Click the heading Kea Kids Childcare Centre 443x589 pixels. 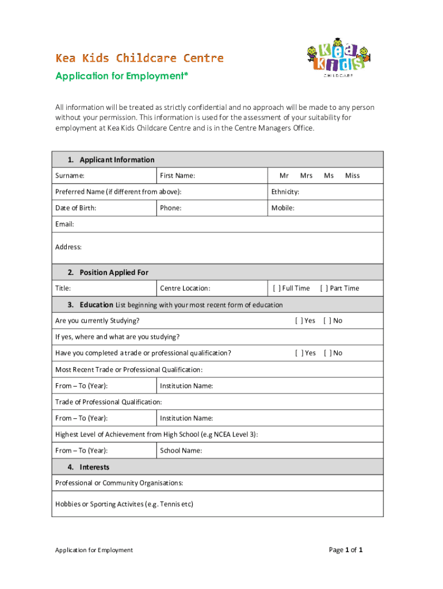(139, 58)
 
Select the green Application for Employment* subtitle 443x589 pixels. (121, 76)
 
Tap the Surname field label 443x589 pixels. (70, 175)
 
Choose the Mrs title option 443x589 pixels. (306, 175)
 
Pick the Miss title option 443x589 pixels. (352, 175)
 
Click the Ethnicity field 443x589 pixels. (325, 192)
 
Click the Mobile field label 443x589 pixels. (283, 208)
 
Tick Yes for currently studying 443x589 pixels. (299, 320)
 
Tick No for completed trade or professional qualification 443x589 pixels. (327, 353)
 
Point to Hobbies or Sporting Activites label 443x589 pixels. (124, 504)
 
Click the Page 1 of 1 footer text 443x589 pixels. (345, 550)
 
